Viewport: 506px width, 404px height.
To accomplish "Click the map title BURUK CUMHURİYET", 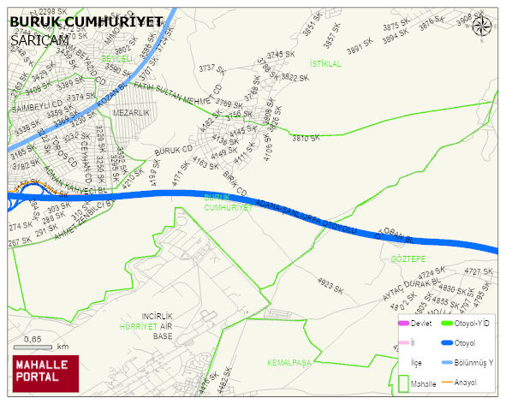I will click(x=86, y=21).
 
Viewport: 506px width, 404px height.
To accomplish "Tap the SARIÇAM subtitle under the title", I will click(x=39, y=39).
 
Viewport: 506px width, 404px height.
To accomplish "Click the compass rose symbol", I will click(x=482, y=27).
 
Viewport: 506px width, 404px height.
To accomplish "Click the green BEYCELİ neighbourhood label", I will click(x=118, y=59).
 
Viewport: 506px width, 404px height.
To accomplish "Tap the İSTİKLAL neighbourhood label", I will click(x=325, y=64).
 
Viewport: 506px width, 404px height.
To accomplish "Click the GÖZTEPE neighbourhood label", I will click(x=408, y=258).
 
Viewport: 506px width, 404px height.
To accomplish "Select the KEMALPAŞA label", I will click(x=289, y=362).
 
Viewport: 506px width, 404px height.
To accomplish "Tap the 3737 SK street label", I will click(x=211, y=69).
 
